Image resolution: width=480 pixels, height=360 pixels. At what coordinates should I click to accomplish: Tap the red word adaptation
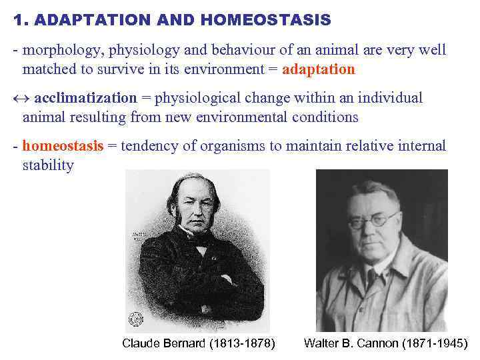319,69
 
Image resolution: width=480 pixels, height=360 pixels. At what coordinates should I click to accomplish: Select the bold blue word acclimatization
85,98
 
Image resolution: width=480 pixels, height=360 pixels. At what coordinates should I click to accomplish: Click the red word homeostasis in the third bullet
63,146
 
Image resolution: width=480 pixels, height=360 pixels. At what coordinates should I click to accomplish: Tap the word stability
48,165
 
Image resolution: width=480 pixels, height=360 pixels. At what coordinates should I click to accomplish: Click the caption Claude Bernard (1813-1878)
199,343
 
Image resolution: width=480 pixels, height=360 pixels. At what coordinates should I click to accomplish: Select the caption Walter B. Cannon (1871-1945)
386,343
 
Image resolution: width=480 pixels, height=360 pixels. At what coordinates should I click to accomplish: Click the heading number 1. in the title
20,21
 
